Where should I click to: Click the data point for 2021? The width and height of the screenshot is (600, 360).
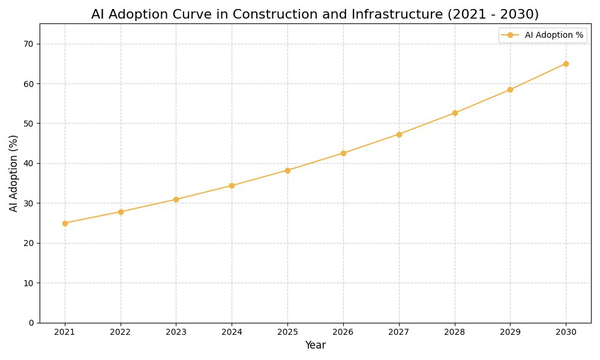tap(65, 223)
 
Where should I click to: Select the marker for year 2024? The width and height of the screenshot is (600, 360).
tap(232, 185)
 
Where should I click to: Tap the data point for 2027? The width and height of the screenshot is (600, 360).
tap(399, 134)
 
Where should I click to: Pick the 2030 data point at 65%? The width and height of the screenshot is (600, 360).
tap(566, 64)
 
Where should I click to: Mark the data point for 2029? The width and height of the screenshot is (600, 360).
tap(510, 89)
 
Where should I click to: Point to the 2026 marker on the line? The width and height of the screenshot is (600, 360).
tap(343, 153)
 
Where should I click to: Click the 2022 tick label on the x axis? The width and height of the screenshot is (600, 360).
tap(121, 332)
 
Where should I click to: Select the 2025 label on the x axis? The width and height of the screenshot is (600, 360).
tap(287, 332)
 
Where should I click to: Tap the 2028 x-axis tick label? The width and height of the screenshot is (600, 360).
tap(455, 332)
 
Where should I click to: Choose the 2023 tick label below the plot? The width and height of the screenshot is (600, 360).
tap(176, 332)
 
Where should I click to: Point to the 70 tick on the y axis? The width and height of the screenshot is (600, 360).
tap(29, 44)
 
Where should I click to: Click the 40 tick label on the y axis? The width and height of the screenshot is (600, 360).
tap(29, 163)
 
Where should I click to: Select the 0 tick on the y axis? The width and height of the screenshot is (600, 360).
tap(31, 323)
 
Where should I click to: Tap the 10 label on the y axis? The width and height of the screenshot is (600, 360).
tap(29, 283)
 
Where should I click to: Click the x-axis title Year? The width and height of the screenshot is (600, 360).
tap(315, 346)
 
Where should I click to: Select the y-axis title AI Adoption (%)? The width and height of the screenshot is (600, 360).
tap(14, 173)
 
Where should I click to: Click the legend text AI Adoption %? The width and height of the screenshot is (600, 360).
tap(554, 35)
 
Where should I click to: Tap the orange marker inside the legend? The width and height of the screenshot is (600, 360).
tap(510, 35)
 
